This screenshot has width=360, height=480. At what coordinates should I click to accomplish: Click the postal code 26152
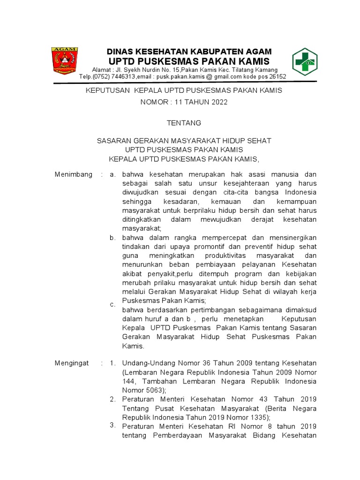[x=277, y=77]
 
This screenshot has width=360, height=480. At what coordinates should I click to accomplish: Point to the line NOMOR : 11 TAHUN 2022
[x=184, y=102]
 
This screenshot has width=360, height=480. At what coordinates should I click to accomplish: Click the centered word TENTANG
[x=184, y=123]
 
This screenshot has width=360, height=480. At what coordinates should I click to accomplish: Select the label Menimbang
[x=74, y=174]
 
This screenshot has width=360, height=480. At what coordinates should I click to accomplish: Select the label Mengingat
[x=72, y=363]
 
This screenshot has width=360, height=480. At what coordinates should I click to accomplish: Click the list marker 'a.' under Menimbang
[x=112, y=174]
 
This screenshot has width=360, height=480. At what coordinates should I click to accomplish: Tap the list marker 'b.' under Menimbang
[x=112, y=238]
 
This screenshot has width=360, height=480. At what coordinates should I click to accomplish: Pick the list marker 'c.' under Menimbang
[x=112, y=304]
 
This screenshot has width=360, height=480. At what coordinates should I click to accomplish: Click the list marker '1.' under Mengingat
[x=112, y=363]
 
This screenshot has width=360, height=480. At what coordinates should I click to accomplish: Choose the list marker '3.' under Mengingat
[x=112, y=425]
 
